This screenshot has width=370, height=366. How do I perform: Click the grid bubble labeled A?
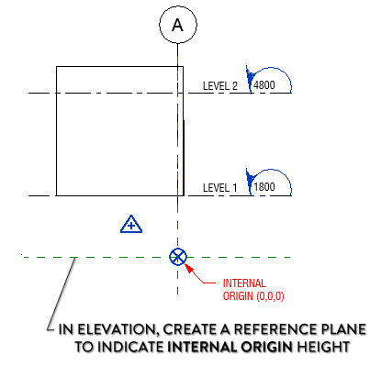[178, 25]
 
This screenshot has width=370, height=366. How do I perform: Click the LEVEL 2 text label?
[219, 86]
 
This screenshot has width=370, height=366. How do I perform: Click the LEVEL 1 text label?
[219, 188]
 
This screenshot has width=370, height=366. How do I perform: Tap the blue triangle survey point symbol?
[132, 223]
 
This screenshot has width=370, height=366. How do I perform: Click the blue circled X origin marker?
[178, 258]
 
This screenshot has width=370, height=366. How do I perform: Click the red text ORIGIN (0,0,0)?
[252, 295]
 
